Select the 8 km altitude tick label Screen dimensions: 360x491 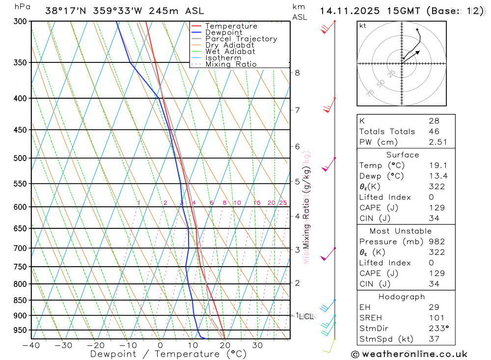(297, 73)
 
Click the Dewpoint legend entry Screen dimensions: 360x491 (223, 32)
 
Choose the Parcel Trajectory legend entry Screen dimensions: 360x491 (241, 39)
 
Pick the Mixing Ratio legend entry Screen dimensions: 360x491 (231, 64)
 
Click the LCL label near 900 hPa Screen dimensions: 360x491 (306, 317)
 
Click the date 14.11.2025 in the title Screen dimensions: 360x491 (346, 10)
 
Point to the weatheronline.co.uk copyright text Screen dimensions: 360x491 (409, 354)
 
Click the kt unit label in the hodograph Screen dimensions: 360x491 (362, 26)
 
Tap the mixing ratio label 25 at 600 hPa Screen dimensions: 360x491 (283, 203)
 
